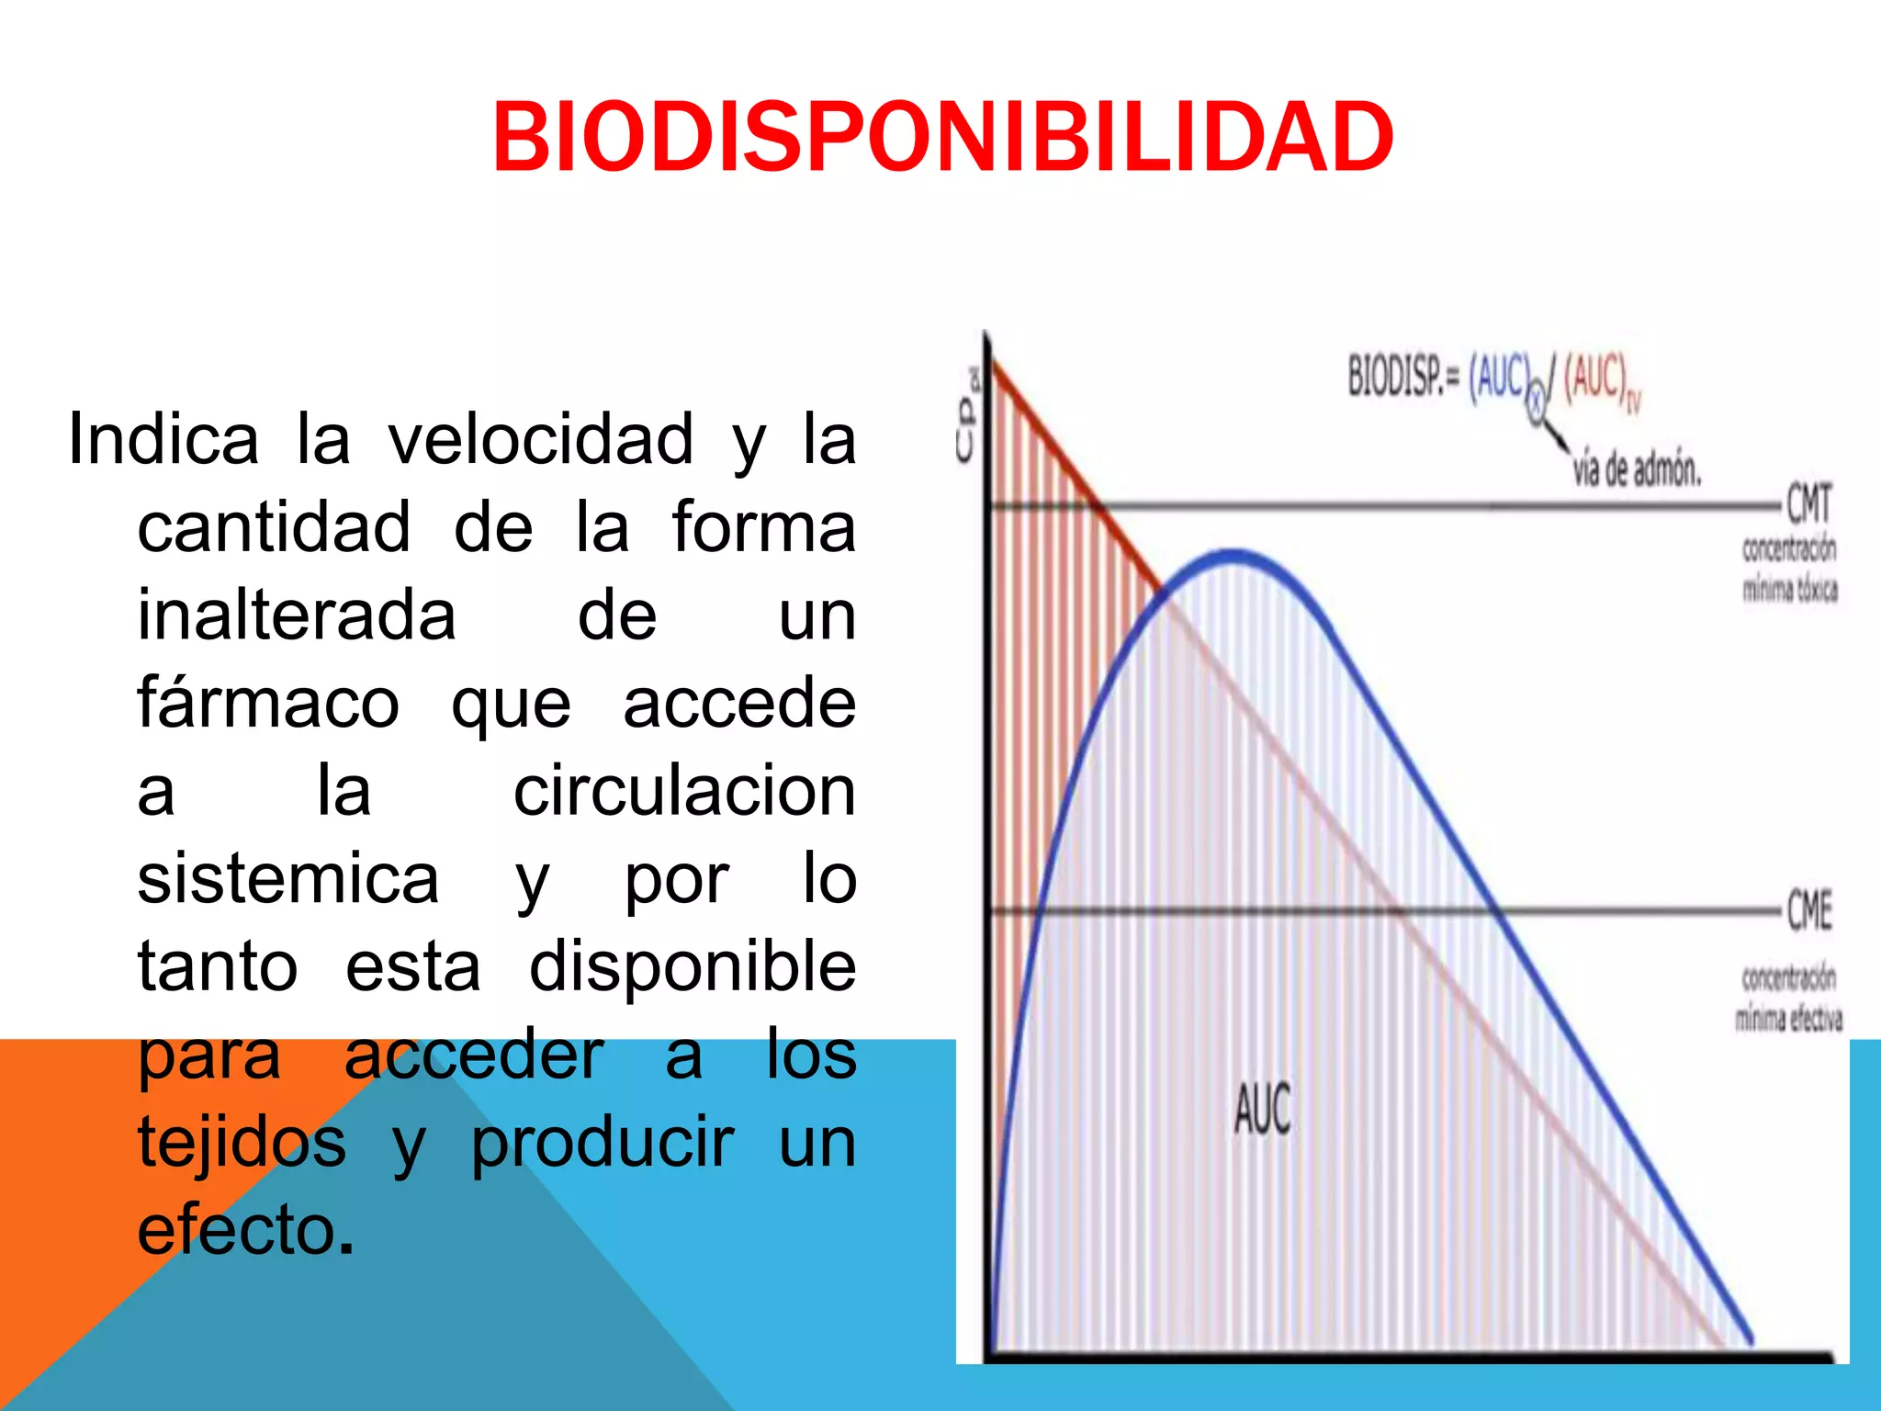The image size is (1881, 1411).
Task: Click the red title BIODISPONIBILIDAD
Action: [x=942, y=138]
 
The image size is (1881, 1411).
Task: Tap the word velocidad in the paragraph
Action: [x=540, y=439]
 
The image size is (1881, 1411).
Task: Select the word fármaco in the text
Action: [x=268, y=703]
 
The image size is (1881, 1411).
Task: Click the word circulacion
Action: [x=684, y=791]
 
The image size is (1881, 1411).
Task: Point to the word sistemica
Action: [x=288, y=879]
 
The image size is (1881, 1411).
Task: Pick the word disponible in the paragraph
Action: [x=693, y=966]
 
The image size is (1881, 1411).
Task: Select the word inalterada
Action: [x=297, y=615]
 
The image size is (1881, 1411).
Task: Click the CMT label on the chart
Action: [x=1808, y=504]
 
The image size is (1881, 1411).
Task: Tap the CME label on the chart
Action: [x=1808, y=910]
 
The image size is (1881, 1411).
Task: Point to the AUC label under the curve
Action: [x=1262, y=1109]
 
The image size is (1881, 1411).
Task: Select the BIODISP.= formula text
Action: [x=1492, y=378]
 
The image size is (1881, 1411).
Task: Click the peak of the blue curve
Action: [x=1233, y=553]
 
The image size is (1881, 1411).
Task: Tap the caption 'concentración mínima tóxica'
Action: [x=1790, y=570]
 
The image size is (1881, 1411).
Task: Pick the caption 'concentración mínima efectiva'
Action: [x=1788, y=999]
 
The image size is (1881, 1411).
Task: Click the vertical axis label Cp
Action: [x=967, y=418]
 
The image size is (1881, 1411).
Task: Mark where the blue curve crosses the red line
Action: [x=1163, y=595]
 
